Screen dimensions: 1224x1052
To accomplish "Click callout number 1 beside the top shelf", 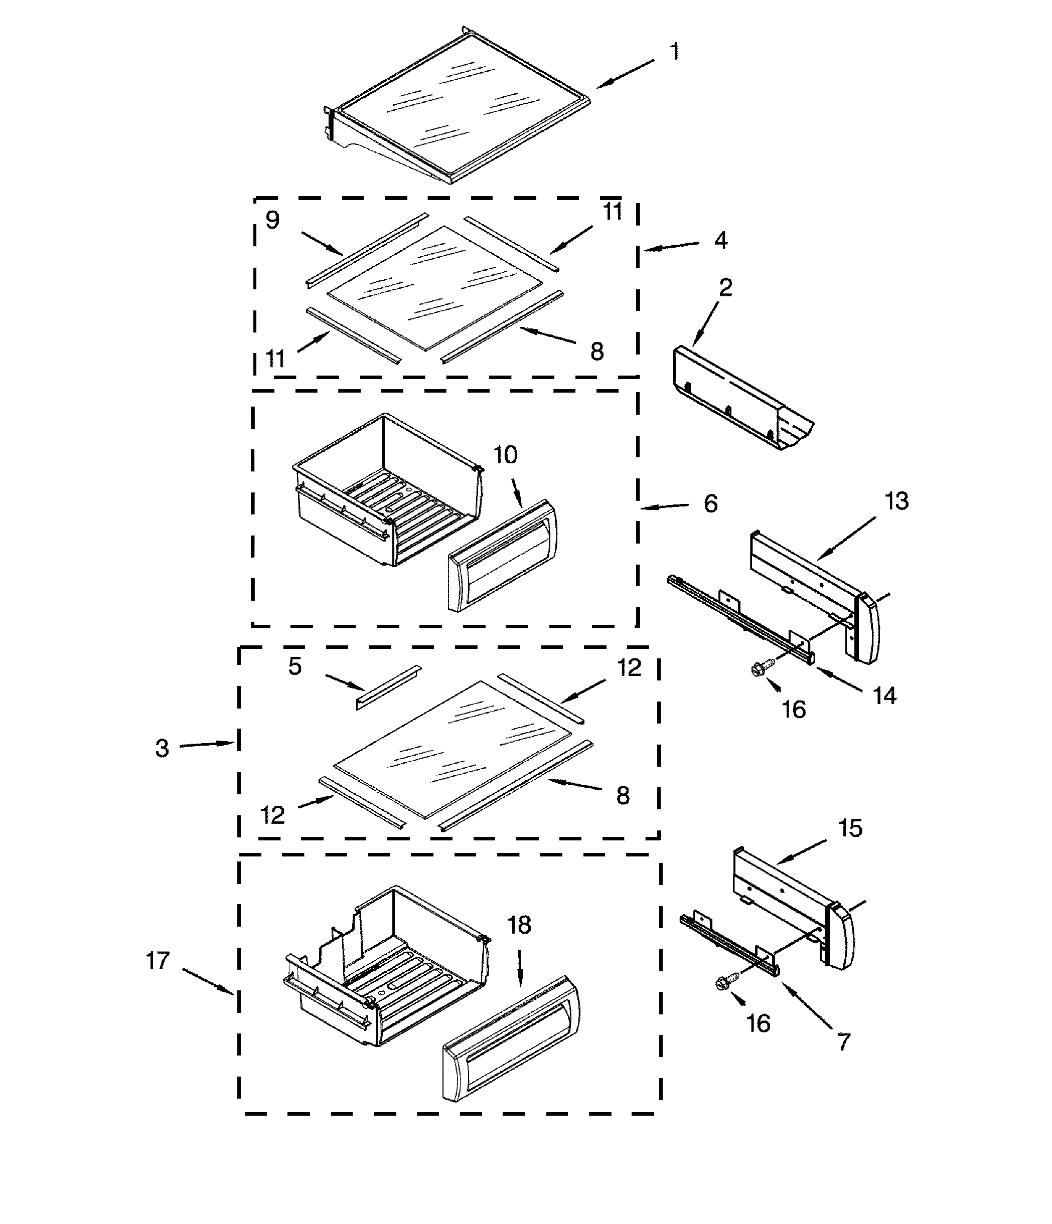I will tap(674, 52).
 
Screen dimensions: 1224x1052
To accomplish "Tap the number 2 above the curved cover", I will tap(726, 288).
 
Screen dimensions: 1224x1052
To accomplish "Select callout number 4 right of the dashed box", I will tap(720, 240).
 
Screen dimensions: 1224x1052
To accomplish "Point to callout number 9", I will tap(272, 220).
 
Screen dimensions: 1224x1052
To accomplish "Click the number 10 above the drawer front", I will tap(505, 455).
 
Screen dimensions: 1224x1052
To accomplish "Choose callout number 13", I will tap(896, 501).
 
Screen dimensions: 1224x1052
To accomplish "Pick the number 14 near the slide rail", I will tap(885, 696).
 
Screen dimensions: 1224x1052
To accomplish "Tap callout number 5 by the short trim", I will tap(295, 666).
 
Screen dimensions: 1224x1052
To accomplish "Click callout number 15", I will tap(850, 828).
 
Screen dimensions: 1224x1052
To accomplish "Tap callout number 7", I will tap(844, 1041).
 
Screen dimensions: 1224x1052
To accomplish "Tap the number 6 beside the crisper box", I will tap(711, 504).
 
